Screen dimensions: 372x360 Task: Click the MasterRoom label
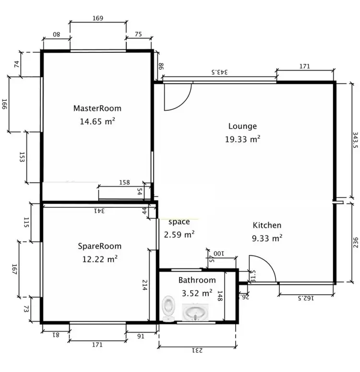coord(97,108)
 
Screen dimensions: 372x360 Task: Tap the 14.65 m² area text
coord(97,121)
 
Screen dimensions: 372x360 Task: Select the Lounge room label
coord(242,126)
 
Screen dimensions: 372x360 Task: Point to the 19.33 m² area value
coord(242,139)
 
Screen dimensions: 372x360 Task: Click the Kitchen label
coord(267,225)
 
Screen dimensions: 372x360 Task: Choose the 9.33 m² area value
coord(267,237)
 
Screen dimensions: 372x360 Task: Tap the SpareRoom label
coord(100,246)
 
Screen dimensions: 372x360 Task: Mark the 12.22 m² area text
coord(100,259)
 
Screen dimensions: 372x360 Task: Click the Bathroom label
coord(197,280)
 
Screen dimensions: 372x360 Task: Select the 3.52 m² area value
coord(197,292)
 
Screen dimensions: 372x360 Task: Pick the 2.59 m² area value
coord(179,235)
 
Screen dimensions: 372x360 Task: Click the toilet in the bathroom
coord(168,308)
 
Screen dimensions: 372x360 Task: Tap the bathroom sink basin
coord(195,313)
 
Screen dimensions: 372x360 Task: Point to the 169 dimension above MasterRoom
coord(98,19)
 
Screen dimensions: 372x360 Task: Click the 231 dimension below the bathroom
coord(197,351)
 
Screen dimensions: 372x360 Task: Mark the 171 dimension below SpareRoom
coord(97,344)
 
